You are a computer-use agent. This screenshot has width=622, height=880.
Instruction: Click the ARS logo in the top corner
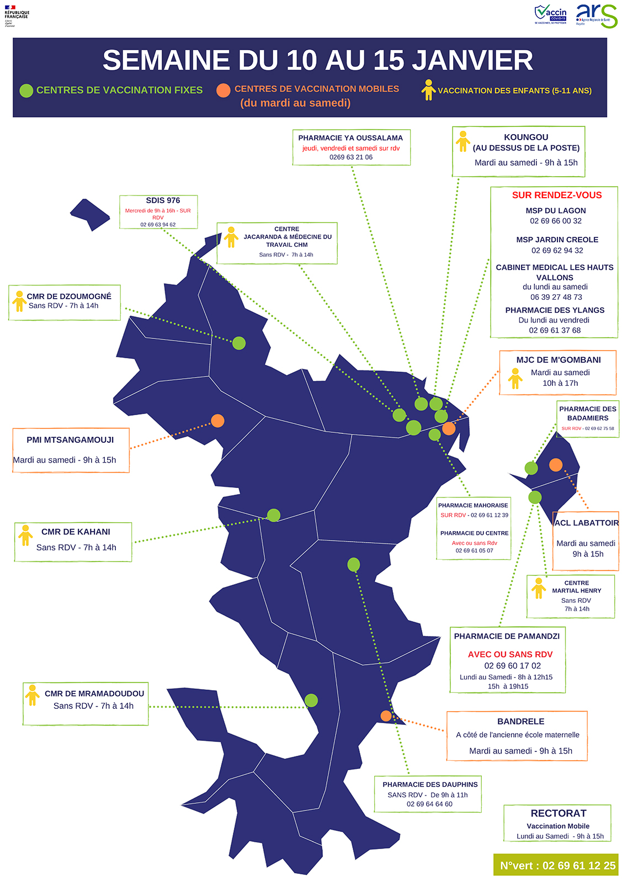click(596, 15)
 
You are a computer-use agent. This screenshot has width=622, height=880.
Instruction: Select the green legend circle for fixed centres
click(26, 91)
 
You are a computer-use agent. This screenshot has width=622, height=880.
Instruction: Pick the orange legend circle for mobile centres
click(223, 91)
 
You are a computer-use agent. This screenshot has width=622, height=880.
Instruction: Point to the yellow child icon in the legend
click(428, 90)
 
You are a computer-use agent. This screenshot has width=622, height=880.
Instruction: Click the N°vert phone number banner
click(556, 865)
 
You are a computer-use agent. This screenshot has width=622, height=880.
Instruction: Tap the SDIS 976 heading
click(163, 200)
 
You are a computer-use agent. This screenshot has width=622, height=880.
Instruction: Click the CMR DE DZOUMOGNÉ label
click(69, 296)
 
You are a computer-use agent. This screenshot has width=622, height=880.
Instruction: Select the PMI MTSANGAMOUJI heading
click(70, 440)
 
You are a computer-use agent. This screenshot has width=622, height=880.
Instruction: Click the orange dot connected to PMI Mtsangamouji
click(217, 421)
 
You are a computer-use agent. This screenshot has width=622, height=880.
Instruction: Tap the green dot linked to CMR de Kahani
click(274, 515)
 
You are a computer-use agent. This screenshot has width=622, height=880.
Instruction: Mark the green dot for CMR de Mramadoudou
click(311, 701)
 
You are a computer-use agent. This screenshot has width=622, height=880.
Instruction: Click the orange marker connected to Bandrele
click(386, 716)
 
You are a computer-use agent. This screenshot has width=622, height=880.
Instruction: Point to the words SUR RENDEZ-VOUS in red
click(556, 195)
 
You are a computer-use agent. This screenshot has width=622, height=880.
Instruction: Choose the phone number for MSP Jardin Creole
click(557, 251)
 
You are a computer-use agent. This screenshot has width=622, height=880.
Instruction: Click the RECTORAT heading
click(558, 813)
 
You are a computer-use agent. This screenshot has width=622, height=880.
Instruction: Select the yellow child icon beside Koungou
click(463, 141)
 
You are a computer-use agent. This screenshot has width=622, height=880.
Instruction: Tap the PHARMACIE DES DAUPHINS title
click(430, 784)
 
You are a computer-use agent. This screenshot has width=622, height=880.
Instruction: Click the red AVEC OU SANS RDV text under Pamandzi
click(510, 655)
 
